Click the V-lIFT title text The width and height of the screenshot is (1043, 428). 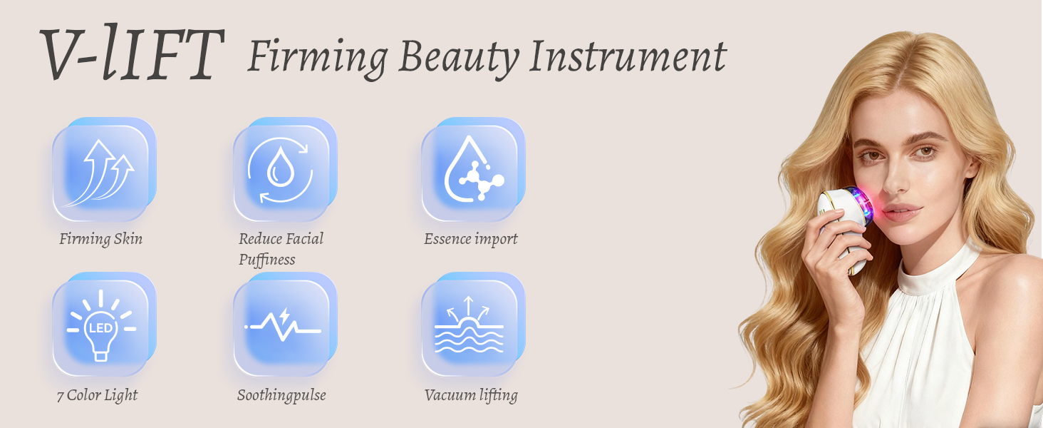(130, 55)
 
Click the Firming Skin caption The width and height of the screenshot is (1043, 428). (100, 239)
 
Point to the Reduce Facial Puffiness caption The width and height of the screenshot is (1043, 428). (281, 249)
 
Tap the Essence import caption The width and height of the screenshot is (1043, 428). (471, 239)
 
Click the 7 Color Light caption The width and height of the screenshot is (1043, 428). (98, 395)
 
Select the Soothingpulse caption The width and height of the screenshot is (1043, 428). (281, 395)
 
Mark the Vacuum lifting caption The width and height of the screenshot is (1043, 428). (471, 395)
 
